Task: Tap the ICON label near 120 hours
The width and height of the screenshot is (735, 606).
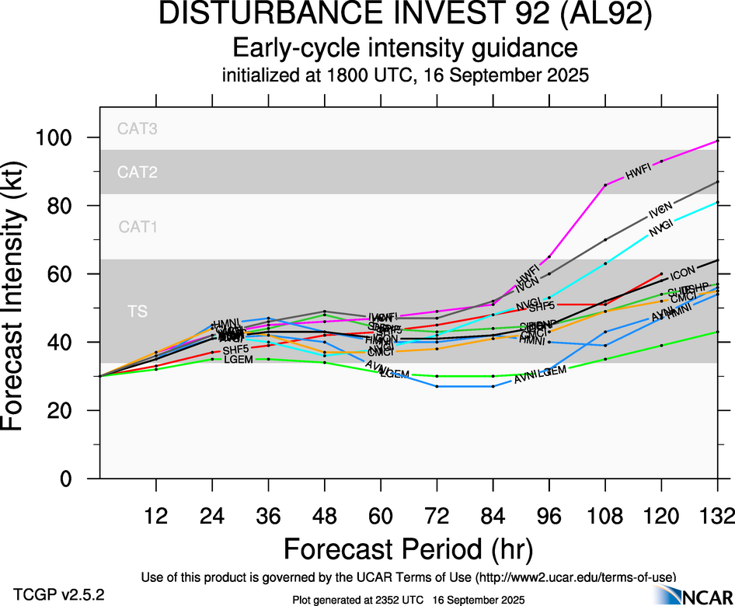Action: (x=682, y=273)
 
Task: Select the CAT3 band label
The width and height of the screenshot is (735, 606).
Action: (x=138, y=129)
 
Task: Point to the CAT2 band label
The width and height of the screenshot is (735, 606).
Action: (x=138, y=172)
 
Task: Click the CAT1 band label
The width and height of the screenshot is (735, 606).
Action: (x=138, y=227)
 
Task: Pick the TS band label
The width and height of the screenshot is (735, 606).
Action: (x=138, y=312)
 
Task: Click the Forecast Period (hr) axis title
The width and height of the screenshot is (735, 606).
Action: (x=407, y=549)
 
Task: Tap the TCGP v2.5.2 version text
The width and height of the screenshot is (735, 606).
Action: (x=59, y=594)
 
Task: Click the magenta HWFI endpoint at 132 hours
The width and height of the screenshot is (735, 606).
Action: (x=717, y=141)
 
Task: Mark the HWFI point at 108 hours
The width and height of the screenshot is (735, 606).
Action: (x=605, y=185)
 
